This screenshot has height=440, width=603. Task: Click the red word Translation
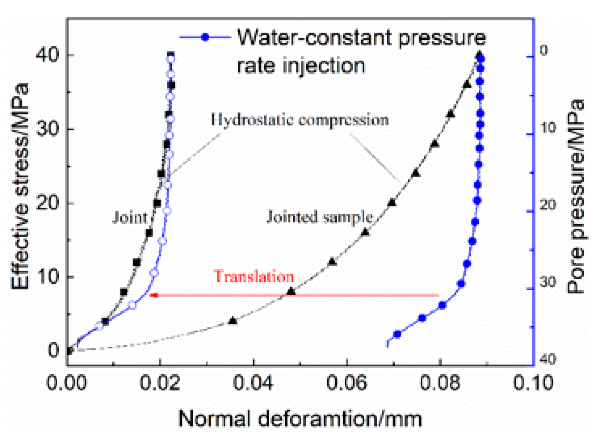tap(254, 277)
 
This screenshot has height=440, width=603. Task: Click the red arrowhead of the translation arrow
tap(153, 295)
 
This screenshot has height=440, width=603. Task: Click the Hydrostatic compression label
tap(299, 120)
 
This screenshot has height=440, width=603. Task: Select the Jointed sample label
tap(319, 217)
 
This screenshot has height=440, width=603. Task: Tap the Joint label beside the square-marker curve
tap(130, 217)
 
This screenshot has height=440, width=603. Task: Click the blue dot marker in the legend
tap(205, 37)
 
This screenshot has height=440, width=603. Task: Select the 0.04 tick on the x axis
tap(253, 383)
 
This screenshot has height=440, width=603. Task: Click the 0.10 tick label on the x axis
tap(533, 383)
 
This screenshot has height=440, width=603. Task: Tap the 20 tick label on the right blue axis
tap(548, 204)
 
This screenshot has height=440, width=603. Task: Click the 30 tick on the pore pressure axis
tap(548, 282)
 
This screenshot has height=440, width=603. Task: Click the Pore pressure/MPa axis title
tap(575, 197)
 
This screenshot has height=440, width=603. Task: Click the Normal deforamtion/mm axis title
tap(300, 419)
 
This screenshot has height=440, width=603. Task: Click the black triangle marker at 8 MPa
tap(291, 291)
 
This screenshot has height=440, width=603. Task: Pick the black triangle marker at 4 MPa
tap(233, 321)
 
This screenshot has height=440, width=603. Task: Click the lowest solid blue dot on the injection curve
tap(397, 334)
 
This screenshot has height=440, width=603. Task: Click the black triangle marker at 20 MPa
tap(391, 203)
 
